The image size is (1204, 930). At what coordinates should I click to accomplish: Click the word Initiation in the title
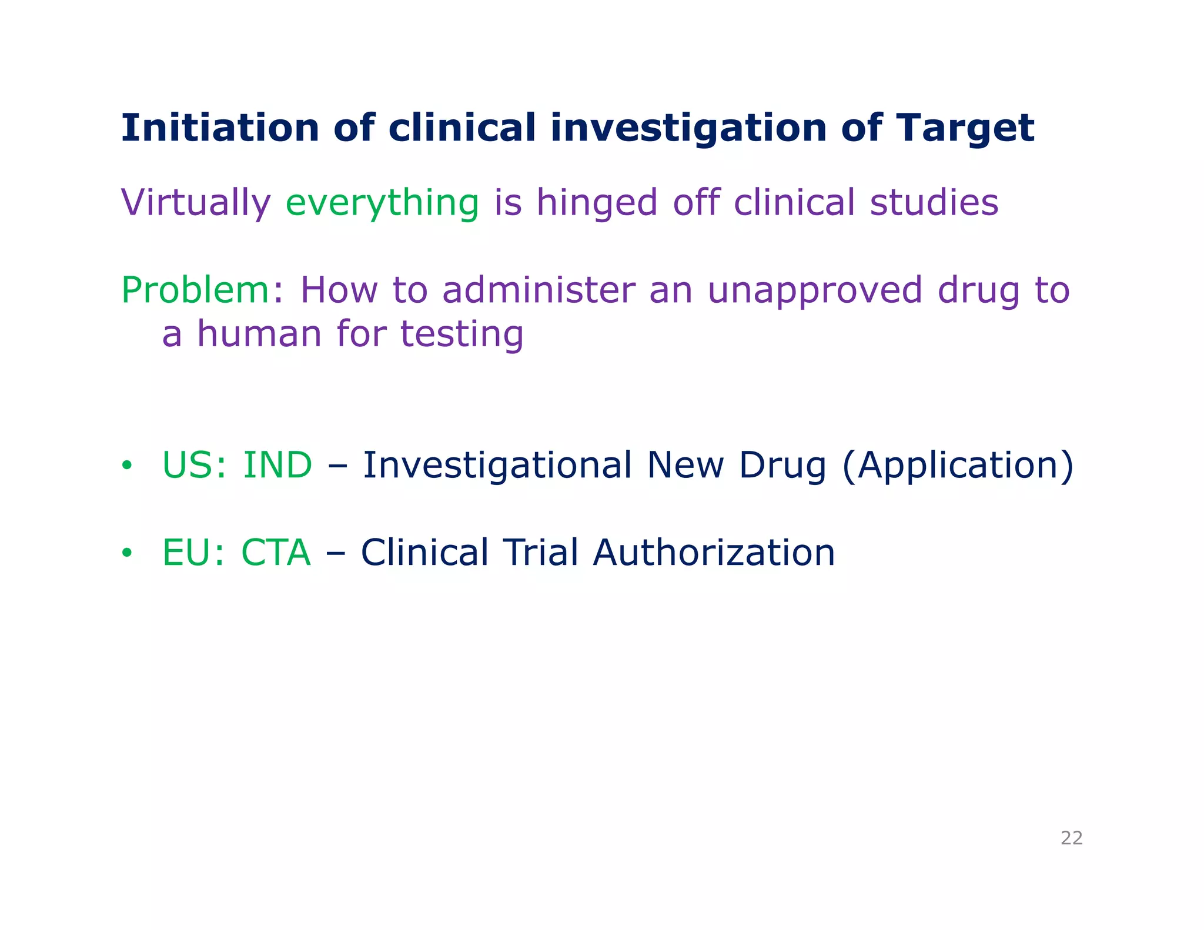[219, 128]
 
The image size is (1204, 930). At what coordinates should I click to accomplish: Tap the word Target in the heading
[965, 128]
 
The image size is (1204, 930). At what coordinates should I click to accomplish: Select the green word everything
[382, 203]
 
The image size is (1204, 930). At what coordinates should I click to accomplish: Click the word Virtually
[196, 203]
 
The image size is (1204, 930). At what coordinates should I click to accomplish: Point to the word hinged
[597, 203]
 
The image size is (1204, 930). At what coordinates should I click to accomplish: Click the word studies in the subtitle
[934, 203]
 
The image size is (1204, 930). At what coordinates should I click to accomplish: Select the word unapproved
[814, 290]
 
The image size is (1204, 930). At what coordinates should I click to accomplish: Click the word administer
[539, 290]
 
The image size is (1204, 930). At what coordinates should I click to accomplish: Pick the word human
[259, 334]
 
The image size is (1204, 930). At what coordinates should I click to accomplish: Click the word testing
[461, 334]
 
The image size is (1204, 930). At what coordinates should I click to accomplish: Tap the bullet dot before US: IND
[126, 466]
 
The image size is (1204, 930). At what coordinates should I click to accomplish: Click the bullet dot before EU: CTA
[126, 553]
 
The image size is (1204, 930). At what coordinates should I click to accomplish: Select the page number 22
[1071, 838]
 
